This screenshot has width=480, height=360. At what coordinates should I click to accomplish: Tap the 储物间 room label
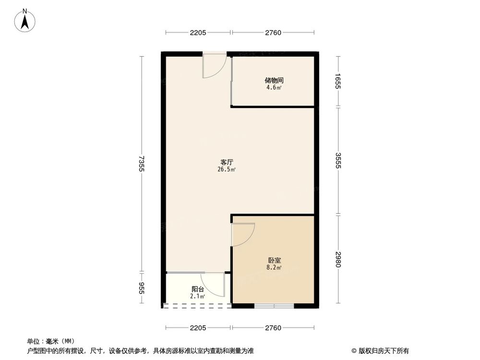[x=273, y=81]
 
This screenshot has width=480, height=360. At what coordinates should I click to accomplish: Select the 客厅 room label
[x=227, y=162]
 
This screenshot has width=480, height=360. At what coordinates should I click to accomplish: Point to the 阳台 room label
[x=198, y=289]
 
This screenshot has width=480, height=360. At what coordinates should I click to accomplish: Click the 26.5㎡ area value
[x=227, y=169]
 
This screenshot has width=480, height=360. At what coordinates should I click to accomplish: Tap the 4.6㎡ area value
[x=273, y=88]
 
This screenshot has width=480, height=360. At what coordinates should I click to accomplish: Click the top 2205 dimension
[x=198, y=33]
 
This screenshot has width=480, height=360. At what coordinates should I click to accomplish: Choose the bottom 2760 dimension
[x=273, y=328]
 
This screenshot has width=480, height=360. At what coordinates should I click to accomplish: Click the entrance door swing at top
[x=214, y=66]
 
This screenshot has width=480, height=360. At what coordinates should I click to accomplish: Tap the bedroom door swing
[x=242, y=235]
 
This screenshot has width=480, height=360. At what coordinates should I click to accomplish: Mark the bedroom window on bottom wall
[x=274, y=305]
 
